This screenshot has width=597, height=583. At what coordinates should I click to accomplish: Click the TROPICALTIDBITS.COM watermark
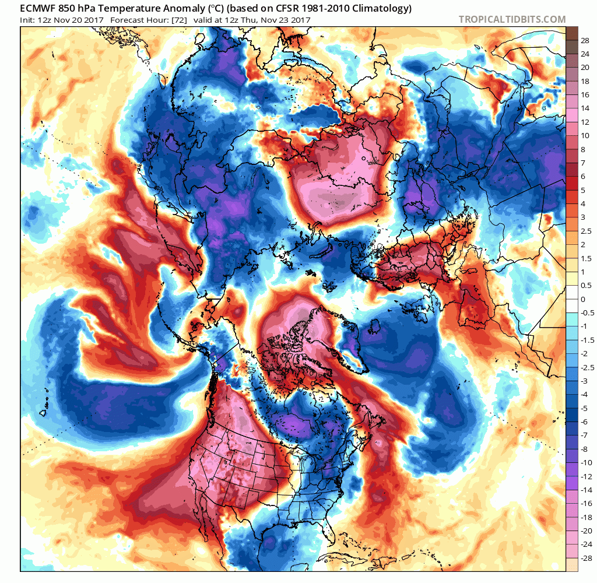pyautogui.click(x=512, y=19)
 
